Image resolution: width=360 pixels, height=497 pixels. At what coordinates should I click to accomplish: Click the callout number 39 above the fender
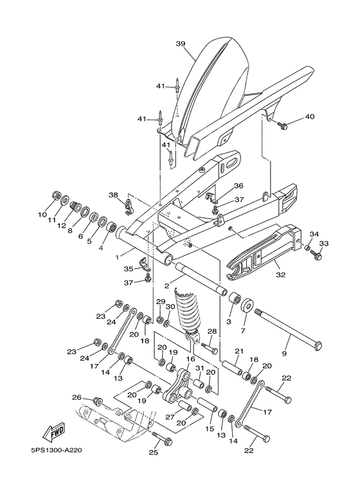tap(180, 44)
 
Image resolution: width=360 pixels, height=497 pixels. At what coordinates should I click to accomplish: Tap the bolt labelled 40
tap(283, 127)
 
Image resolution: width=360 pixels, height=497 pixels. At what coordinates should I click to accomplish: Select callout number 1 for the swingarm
tap(116, 256)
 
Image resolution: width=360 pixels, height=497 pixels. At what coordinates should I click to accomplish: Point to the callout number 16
tap(190, 359)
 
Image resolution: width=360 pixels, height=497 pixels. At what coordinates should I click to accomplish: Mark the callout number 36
tap(239, 186)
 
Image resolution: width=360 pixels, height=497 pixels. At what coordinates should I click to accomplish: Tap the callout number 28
tap(212, 331)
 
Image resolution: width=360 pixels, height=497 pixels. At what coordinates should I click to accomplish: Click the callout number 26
tap(76, 397)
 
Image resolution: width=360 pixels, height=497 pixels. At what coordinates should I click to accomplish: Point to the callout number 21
tap(239, 351)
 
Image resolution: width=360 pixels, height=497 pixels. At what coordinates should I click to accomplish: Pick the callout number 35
tap(127, 269)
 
